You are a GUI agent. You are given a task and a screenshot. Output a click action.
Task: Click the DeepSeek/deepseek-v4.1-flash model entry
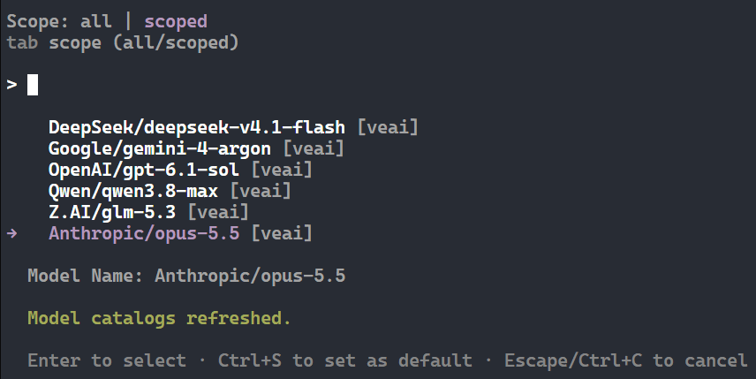(197, 127)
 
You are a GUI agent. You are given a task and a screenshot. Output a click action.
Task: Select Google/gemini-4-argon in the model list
(160, 148)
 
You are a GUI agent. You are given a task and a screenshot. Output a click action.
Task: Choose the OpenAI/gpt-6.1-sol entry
(144, 170)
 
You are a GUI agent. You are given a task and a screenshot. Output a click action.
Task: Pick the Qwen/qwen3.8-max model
(133, 191)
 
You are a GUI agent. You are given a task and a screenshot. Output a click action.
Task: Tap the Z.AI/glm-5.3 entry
(112, 212)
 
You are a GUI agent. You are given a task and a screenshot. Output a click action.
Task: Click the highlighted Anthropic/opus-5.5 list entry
(144, 233)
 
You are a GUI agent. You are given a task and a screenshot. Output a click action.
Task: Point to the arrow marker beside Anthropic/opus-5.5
(12, 234)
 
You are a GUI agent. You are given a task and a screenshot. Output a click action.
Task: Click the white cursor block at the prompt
(33, 85)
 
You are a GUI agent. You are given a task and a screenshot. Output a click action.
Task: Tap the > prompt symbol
(12, 85)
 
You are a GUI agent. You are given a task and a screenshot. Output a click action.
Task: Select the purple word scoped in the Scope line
(176, 22)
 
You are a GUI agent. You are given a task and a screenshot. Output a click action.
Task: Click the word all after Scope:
(96, 21)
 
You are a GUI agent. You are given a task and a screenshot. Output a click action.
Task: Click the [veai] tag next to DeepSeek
(388, 127)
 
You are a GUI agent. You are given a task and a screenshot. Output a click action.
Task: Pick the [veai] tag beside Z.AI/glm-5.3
(218, 212)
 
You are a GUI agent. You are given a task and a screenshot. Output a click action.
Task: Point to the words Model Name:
(86, 276)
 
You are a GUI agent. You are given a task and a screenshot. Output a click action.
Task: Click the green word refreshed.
(238, 318)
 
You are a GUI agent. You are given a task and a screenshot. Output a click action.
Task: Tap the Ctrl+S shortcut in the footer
(250, 360)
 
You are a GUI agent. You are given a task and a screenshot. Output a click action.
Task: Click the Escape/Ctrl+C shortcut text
(573, 360)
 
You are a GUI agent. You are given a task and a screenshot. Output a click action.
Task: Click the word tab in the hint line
(22, 42)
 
